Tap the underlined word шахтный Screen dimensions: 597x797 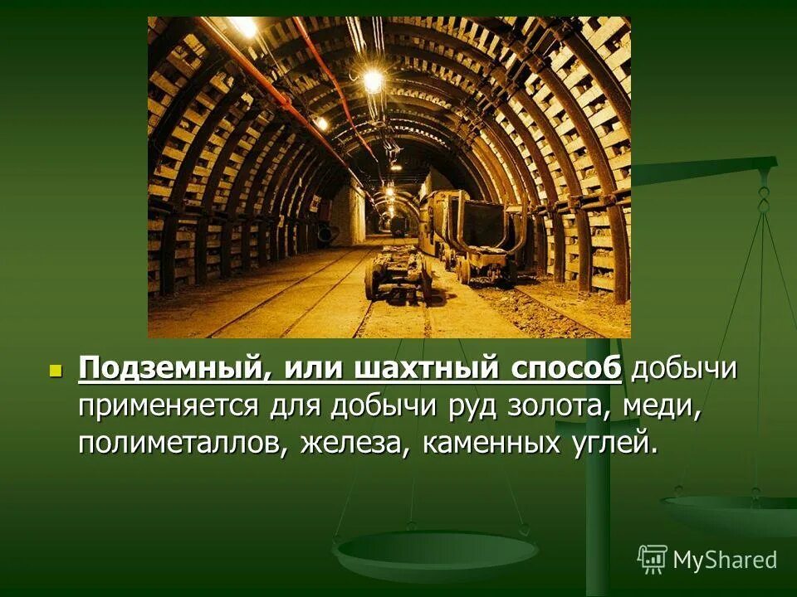[412, 368]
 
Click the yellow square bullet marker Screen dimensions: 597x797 [56, 369]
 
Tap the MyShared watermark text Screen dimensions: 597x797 [725, 560]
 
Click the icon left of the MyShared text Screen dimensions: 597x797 [653, 560]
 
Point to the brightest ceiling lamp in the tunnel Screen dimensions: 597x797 [373, 80]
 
